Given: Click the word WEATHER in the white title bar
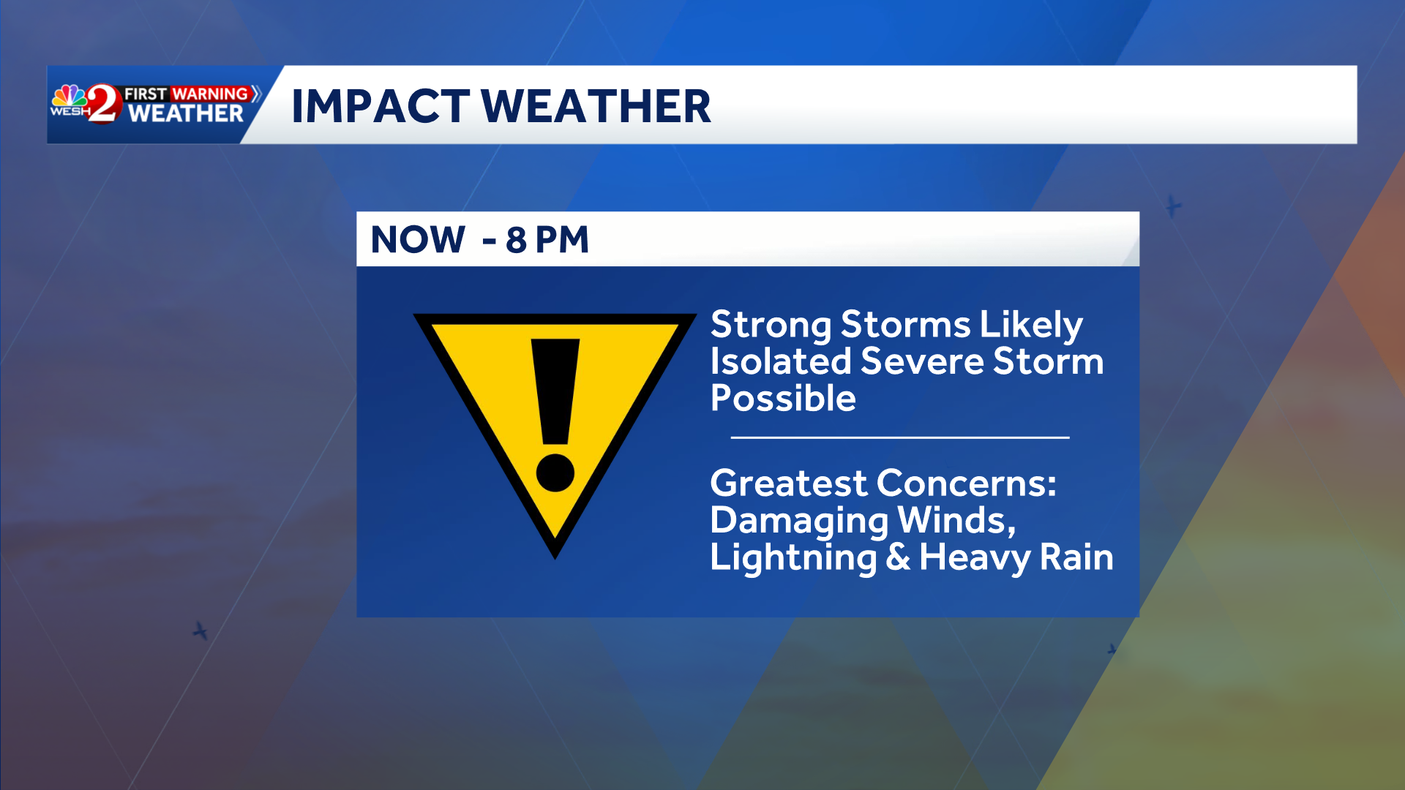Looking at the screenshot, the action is point(596,106).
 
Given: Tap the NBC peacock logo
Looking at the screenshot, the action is point(70,97).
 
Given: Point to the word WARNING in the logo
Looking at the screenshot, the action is point(210,94).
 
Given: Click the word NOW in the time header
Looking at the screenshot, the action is point(418,239).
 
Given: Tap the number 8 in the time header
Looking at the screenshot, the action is point(516,239).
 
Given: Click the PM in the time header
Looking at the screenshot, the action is point(561,239).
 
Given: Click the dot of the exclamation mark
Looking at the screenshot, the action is point(555,472).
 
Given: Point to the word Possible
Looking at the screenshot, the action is point(783,399).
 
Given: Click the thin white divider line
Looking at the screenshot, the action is point(900,437).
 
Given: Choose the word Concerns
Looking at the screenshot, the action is point(966,483).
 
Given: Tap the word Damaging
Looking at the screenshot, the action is point(799,522).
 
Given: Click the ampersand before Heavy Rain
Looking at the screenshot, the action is point(898,557).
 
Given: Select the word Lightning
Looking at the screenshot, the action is point(793,558).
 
